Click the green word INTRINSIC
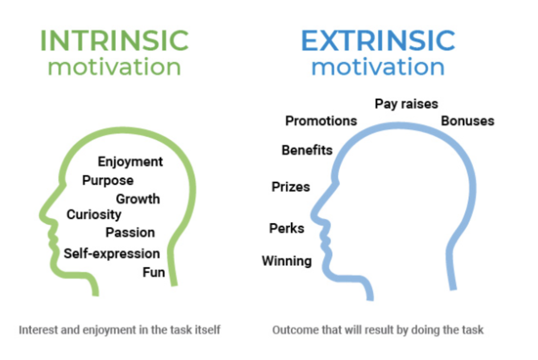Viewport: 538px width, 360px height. coord(114,41)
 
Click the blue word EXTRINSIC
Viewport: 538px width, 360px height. coord(378,41)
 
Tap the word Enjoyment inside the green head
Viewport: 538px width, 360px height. coord(130,162)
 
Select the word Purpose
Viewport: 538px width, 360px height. coord(108,180)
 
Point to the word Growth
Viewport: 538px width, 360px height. coord(138,199)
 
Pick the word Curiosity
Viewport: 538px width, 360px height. coord(94,215)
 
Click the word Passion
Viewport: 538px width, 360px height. coord(130,232)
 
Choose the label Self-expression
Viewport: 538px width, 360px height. coord(112,253)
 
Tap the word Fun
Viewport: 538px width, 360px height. coord(154,272)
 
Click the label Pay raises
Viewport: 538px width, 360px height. coord(406,104)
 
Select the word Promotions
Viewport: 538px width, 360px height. coord(321,121)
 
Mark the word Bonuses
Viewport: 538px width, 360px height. coord(468,121)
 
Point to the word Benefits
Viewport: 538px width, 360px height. coord(307,150)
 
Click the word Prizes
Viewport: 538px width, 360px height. coord(291,186)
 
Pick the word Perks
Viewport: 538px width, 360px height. coord(287,228)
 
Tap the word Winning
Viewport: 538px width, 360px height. coord(287,261)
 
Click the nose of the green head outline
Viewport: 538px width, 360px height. coord(43,216)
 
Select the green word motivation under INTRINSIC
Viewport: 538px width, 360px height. coord(114,67)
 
